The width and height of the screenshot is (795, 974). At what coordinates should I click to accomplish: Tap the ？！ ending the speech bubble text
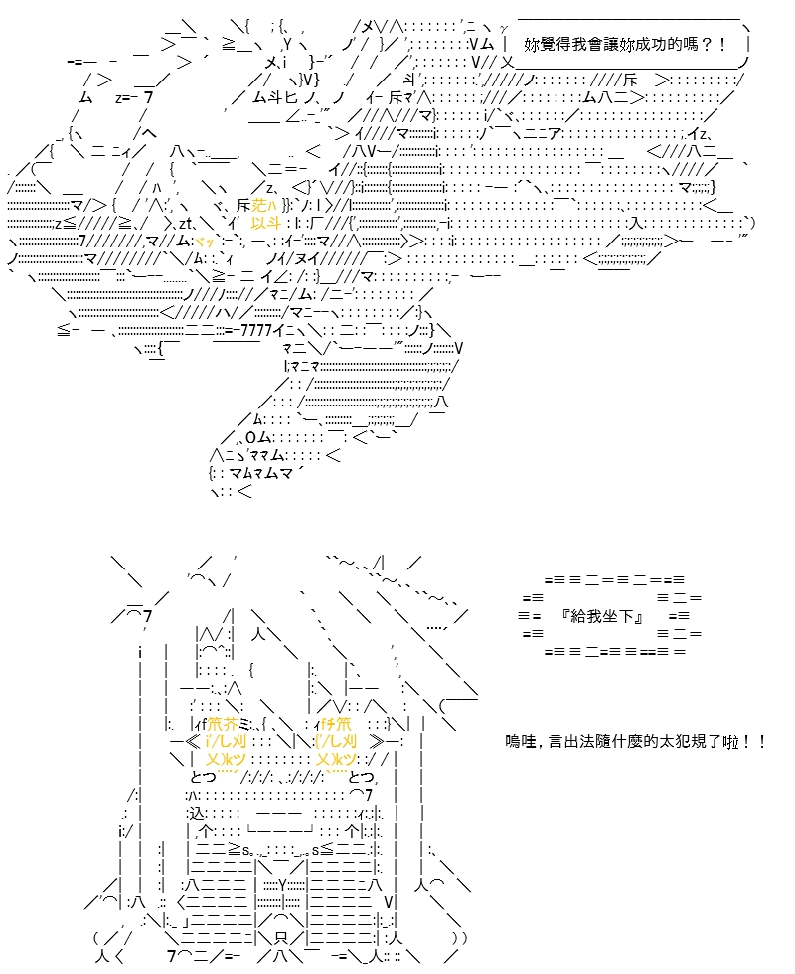714,44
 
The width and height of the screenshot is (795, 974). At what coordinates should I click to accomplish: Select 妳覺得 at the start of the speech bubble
548,44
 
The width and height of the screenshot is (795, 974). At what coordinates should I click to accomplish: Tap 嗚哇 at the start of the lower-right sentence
521,741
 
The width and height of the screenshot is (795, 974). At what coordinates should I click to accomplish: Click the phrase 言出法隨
579,741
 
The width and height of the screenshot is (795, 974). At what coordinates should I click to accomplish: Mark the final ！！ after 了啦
753,741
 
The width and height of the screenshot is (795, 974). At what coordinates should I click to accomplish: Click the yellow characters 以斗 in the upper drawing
266,223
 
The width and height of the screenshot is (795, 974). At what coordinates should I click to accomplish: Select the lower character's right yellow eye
336,741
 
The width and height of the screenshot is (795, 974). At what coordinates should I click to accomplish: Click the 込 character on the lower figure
196,813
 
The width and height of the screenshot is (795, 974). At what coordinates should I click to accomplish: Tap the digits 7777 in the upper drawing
256,330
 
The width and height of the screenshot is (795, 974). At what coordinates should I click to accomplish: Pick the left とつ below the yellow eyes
203,777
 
